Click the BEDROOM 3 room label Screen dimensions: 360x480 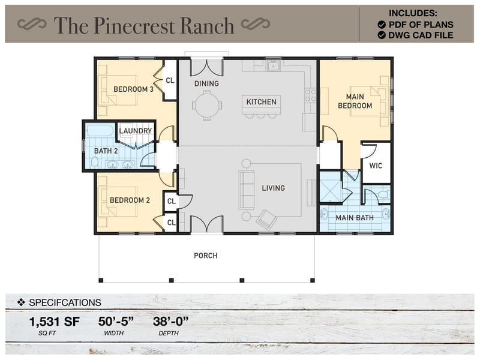point(134,89)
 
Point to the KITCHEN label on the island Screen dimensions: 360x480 point(262,102)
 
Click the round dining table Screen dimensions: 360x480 point(207,105)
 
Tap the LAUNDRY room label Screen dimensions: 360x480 point(135,131)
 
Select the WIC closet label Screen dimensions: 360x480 point(376,166)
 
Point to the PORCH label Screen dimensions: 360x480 point(205,256)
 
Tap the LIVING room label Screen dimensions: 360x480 point(273,188)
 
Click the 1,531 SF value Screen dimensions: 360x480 point(54,322)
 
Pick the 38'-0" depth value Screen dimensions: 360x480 point(171,322)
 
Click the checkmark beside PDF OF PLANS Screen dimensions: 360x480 point(382,25)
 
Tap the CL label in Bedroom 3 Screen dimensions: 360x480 point(170,80)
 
